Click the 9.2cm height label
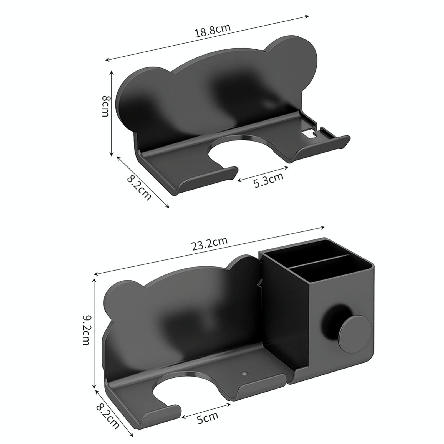pos(87,329)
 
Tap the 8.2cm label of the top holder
pos(139,188)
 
